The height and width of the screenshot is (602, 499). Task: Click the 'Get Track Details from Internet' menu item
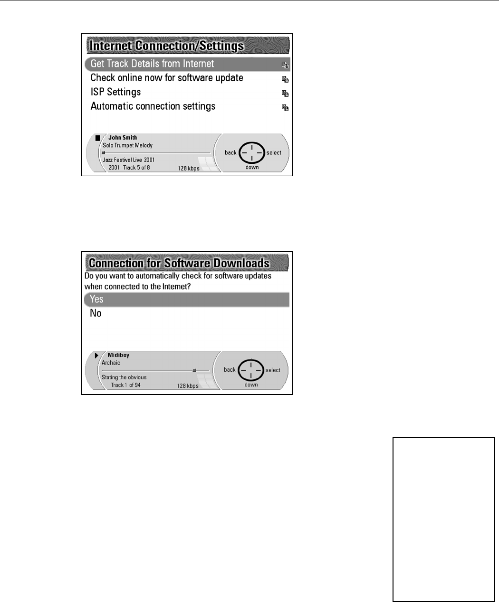(152, 64)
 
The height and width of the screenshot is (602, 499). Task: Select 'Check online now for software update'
(167, 78)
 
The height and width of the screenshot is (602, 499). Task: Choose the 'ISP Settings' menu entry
(115, 92)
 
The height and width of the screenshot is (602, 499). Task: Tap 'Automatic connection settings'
(153, 106)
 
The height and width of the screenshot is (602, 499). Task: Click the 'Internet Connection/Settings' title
(167, 46)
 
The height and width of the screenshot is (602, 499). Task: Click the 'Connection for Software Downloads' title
(179, 263)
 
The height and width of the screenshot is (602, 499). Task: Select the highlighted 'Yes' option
(96, 299)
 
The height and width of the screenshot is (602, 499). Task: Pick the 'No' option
(96, 313)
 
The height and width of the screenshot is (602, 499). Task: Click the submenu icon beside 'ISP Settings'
(285, 94)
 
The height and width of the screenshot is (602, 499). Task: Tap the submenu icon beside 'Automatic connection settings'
(285, 108)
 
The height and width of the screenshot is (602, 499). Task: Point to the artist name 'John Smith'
(123, 138)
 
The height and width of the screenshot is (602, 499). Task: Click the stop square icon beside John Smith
(98, 138)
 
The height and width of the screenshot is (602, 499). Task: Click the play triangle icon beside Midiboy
(96, 355)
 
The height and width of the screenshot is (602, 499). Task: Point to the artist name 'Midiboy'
(118, 355)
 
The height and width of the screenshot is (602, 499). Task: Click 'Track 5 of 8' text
(136, 168)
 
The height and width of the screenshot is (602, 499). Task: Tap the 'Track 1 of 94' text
(125, 385)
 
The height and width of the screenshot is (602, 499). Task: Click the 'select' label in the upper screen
(274, 153)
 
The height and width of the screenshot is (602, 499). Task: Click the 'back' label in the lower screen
(230, 370)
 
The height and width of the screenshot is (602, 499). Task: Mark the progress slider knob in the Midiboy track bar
(194, 370)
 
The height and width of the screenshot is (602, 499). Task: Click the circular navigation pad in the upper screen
(251, 153)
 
